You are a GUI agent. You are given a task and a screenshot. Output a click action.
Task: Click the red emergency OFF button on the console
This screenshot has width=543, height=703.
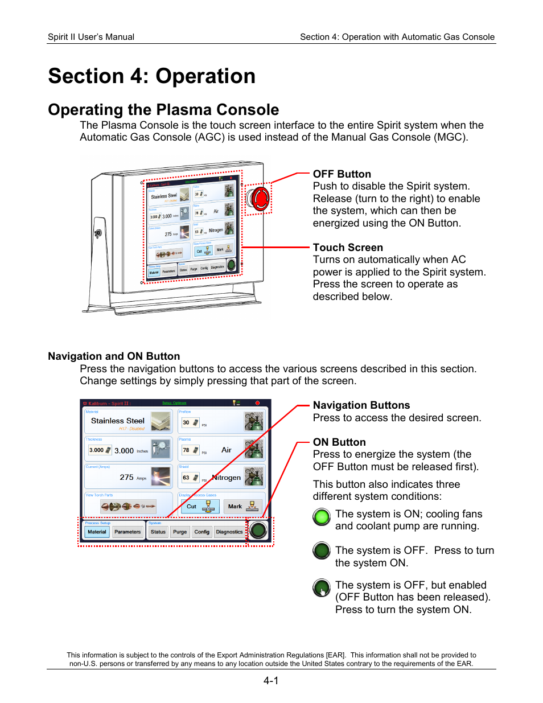259,199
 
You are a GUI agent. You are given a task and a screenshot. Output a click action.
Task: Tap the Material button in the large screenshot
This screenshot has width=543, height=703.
97,532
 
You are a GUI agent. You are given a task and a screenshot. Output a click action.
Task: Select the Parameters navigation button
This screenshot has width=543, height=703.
127,532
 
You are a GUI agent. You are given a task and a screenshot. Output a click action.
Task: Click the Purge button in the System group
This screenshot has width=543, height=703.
180,532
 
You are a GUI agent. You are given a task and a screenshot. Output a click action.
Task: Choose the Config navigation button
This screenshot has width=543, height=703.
201,532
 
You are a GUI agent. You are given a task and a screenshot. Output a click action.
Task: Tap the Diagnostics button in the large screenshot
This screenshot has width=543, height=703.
229,532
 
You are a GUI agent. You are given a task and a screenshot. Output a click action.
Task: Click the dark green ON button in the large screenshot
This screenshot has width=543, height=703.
258,530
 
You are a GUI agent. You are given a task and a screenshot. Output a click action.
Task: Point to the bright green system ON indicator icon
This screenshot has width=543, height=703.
322,517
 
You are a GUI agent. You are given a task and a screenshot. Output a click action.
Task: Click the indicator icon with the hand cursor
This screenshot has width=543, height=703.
322,587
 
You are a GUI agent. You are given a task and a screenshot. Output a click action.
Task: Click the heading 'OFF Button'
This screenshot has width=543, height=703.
342,174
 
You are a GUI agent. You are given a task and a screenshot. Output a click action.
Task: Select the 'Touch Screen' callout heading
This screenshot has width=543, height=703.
347,248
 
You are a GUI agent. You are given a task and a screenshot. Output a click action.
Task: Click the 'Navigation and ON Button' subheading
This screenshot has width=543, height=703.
114,356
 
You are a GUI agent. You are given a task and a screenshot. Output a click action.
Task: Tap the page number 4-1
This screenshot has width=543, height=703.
271,681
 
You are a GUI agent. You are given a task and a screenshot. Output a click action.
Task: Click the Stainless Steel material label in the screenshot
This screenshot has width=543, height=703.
118,421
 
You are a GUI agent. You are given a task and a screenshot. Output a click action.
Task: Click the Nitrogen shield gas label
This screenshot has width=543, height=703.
227,478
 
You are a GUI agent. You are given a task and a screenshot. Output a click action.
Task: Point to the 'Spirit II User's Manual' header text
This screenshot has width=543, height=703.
91,37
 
